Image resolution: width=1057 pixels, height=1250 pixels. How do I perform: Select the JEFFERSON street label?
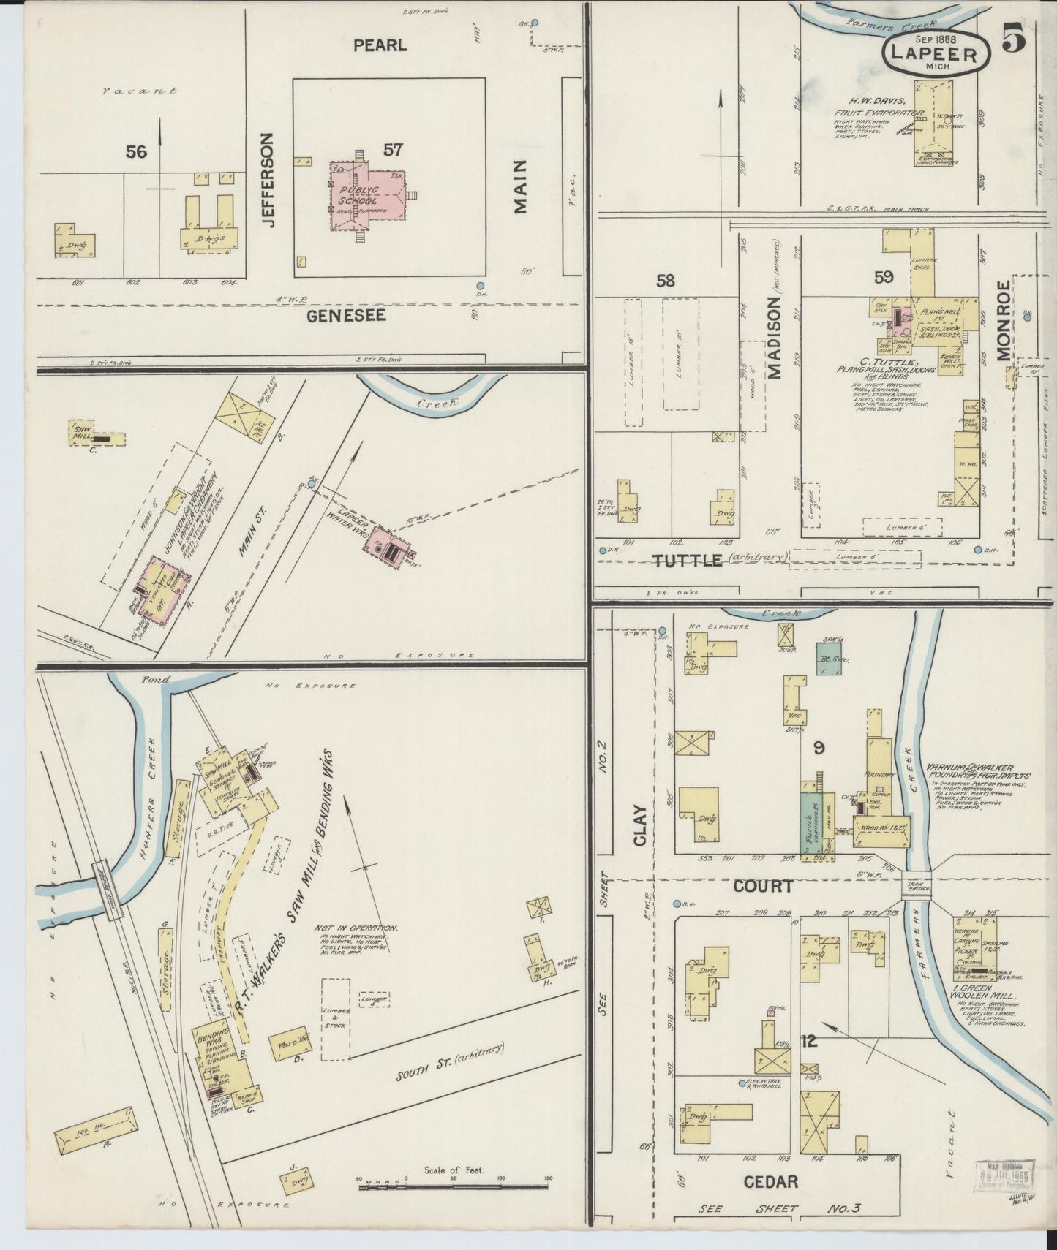tap(268, 180)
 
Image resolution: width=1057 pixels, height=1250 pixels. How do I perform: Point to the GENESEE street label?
tap(346, 316)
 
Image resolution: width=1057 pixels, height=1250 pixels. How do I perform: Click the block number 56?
tap(136, 152)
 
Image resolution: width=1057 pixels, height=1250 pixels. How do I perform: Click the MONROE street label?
tap(1002, 319)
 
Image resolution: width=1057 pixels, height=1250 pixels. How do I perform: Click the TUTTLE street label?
tap(687, 561)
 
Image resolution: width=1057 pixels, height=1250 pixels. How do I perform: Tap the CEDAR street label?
tap(770, 1181)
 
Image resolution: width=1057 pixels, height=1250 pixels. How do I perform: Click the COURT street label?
tap(762, 886)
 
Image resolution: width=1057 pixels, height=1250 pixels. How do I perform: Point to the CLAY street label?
tap(641, 826)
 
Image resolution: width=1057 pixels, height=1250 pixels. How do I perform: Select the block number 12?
tap(809, 1042)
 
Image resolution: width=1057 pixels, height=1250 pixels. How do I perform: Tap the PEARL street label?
tap(380, 45)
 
